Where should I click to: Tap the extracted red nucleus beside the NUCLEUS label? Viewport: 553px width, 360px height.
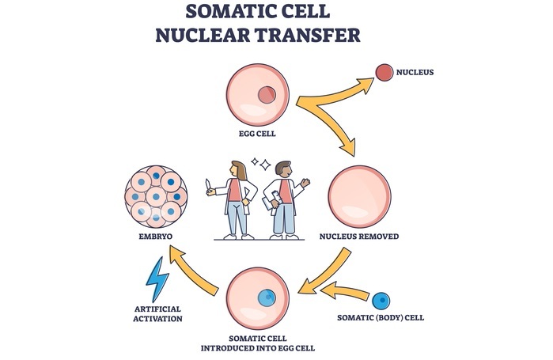(x=384, y=73)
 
